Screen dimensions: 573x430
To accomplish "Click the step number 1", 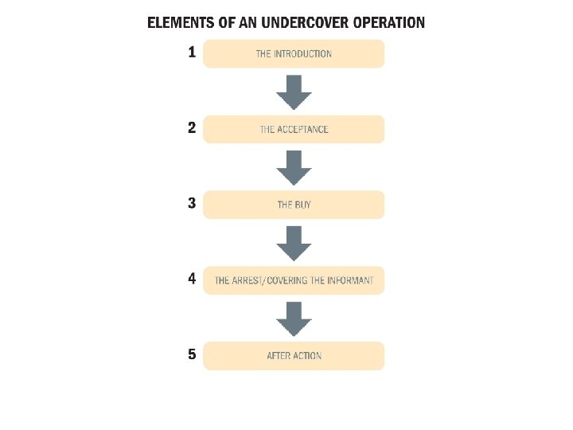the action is coord(191,53).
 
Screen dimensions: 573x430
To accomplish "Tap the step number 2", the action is coord(191,127).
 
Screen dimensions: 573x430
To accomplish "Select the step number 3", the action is coord(191,203).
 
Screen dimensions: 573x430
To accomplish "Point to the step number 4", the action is coord(191,279).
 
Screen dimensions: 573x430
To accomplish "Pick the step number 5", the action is coord(191,354).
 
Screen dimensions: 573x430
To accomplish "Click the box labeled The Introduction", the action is coord(294,54).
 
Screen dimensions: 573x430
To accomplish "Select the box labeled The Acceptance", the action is coord(294,129).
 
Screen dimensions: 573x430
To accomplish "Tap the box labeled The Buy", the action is coord(294,205).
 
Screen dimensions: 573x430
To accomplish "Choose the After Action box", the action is coord(294,356).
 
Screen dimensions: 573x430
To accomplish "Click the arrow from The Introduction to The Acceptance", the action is coord(294,92).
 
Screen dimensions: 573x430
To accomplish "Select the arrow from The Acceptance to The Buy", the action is coord(294,166).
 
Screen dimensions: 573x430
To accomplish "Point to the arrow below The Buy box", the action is coord(294,242).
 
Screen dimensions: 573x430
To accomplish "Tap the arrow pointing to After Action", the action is coord(294,318).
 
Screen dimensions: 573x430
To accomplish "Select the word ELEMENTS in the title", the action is coord(181,22).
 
